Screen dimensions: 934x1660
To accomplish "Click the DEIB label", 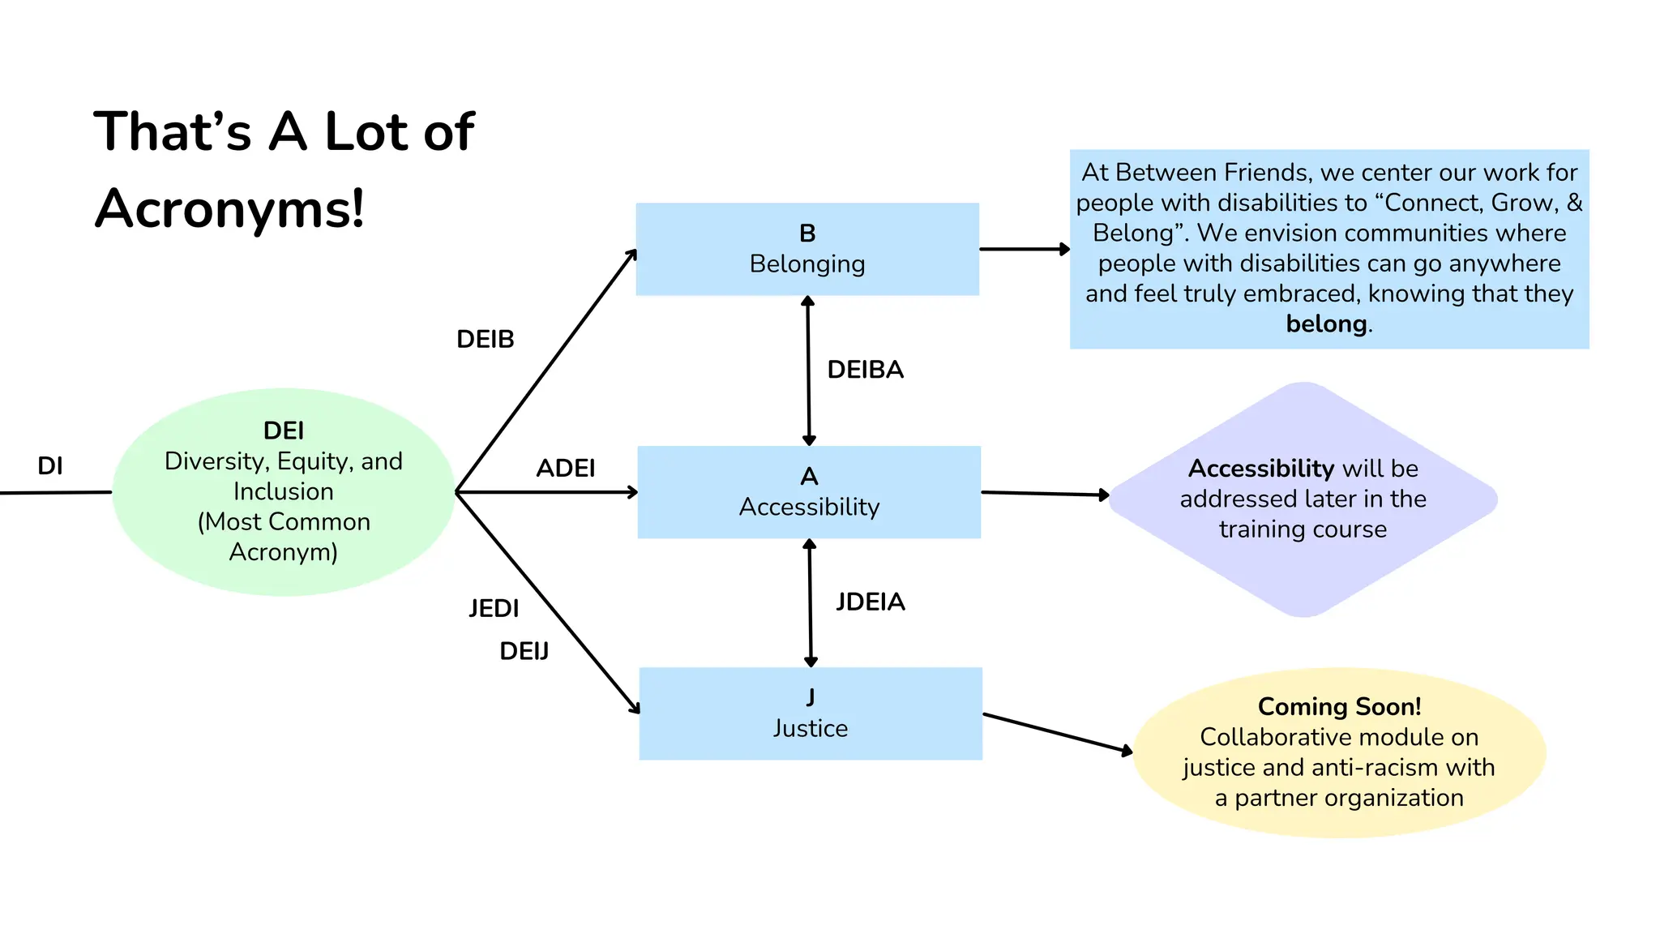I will click(485, 339).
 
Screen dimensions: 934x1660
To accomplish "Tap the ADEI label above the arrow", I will click(566, 468).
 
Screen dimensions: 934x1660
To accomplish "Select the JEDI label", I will click(494, 608).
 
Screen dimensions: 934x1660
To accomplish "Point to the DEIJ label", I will click(524, 651).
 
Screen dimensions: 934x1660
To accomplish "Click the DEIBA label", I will click(865, 370).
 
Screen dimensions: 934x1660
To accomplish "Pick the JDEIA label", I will click(871, 602).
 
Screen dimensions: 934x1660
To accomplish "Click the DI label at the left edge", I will click(50, 465).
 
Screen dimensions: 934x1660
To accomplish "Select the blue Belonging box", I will click(807, 249).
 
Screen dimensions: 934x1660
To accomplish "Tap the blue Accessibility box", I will click(809, 492).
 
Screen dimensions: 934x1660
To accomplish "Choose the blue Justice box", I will click(811, 713).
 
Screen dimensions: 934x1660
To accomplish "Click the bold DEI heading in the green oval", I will click(284, 431).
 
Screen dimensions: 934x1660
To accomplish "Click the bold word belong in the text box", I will click(1326, 323).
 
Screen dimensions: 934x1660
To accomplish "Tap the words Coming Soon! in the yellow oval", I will click(1339, 706).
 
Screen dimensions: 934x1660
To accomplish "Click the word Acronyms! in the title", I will click(230, 208).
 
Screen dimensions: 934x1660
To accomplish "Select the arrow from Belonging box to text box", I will click(1024, 249).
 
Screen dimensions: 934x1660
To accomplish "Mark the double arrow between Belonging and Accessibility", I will click(808, 371).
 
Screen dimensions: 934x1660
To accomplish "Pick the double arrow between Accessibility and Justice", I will click(810, 603).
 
